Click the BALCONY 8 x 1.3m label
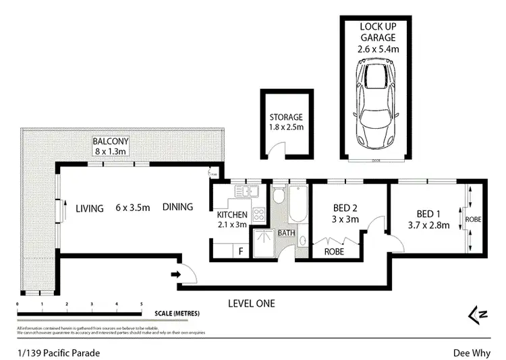[x=111, y=146]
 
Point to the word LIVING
[x=90, y=208]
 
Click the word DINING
[x=177, y=208]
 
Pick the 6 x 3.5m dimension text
[x=133, y=208]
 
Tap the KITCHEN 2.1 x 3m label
[x=232, y=220]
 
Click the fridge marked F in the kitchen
[x=240, y=251]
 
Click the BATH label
[x=287, y=233]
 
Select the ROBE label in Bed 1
[x=474, y=220]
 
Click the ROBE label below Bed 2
[x=334, y=251]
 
